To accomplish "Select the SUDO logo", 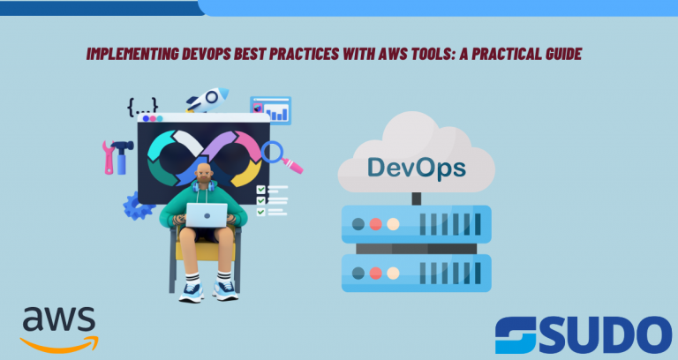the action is point(584,335).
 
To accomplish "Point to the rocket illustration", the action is point(207,100).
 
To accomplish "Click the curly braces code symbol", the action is point(142,107).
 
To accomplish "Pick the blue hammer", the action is point(122,156).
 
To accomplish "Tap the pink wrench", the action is point(109,157).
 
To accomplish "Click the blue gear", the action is point(138,206).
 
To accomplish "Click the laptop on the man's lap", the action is point(207,214).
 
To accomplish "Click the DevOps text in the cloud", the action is point(417,168).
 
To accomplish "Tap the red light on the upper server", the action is point(375,224).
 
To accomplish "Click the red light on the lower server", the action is point(375,274).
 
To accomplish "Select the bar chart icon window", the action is point(271,110).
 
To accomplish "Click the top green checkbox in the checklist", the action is point(260,190).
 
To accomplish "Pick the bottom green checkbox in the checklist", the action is point(260,212).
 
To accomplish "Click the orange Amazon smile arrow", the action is point(59,344).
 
